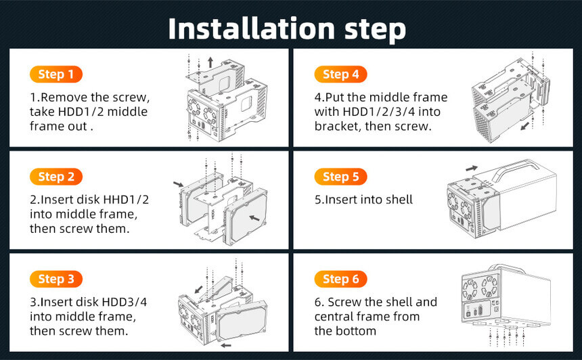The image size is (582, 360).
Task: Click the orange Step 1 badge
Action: [x=56, y=74]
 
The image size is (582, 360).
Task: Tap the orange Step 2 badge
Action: [x=56, y=177]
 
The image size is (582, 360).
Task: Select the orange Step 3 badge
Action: [x=56, y=279]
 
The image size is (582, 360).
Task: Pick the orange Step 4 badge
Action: [x=340, y=74]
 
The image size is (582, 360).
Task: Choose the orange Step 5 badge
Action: [x=340, y=177]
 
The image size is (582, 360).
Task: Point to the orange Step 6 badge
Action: [x=340, y=279]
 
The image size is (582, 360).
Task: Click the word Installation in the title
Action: [x=252, y=29]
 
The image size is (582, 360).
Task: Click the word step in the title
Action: [x=375, y=30]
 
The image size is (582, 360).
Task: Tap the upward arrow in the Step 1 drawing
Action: [x=210, y=62]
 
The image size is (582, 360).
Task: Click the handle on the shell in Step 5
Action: [x=518, y=168]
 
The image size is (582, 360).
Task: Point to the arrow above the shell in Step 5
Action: [x=472, y=168]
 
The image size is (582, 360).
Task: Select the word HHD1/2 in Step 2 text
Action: [x=126, y=200]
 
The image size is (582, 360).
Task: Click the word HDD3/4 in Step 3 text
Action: [x=125, y=302]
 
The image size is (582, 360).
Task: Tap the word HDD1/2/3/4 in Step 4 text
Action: [x=392, y=112]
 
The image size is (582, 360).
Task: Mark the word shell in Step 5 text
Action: [x=399, y=200]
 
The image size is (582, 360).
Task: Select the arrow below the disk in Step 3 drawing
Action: [x=226, y=346]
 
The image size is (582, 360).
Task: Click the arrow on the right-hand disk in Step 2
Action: [x=254, y=218]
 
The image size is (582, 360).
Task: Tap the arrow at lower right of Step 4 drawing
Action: [x=525, y=126]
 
